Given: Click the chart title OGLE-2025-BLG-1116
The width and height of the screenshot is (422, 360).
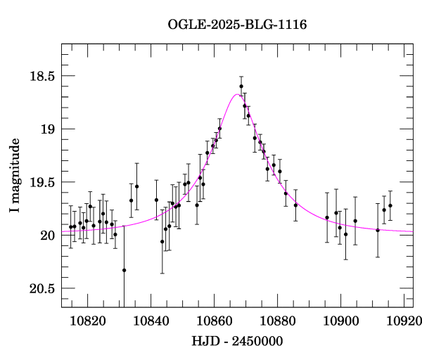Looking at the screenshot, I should click(237, 25).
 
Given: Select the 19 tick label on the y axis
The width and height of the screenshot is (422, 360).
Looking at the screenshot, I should click(45, 129).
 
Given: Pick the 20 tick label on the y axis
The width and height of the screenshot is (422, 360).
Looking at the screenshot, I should click(45, 236).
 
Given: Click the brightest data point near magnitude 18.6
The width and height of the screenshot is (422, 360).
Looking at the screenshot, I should click(241, 86).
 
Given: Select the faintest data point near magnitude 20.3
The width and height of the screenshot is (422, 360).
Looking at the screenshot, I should click(124, 270).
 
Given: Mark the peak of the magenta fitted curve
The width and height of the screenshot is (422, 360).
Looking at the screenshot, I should click(236, 94).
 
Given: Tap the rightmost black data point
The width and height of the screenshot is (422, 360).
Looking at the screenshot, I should click(390, 205).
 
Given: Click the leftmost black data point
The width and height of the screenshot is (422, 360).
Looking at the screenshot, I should click(70, 226).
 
